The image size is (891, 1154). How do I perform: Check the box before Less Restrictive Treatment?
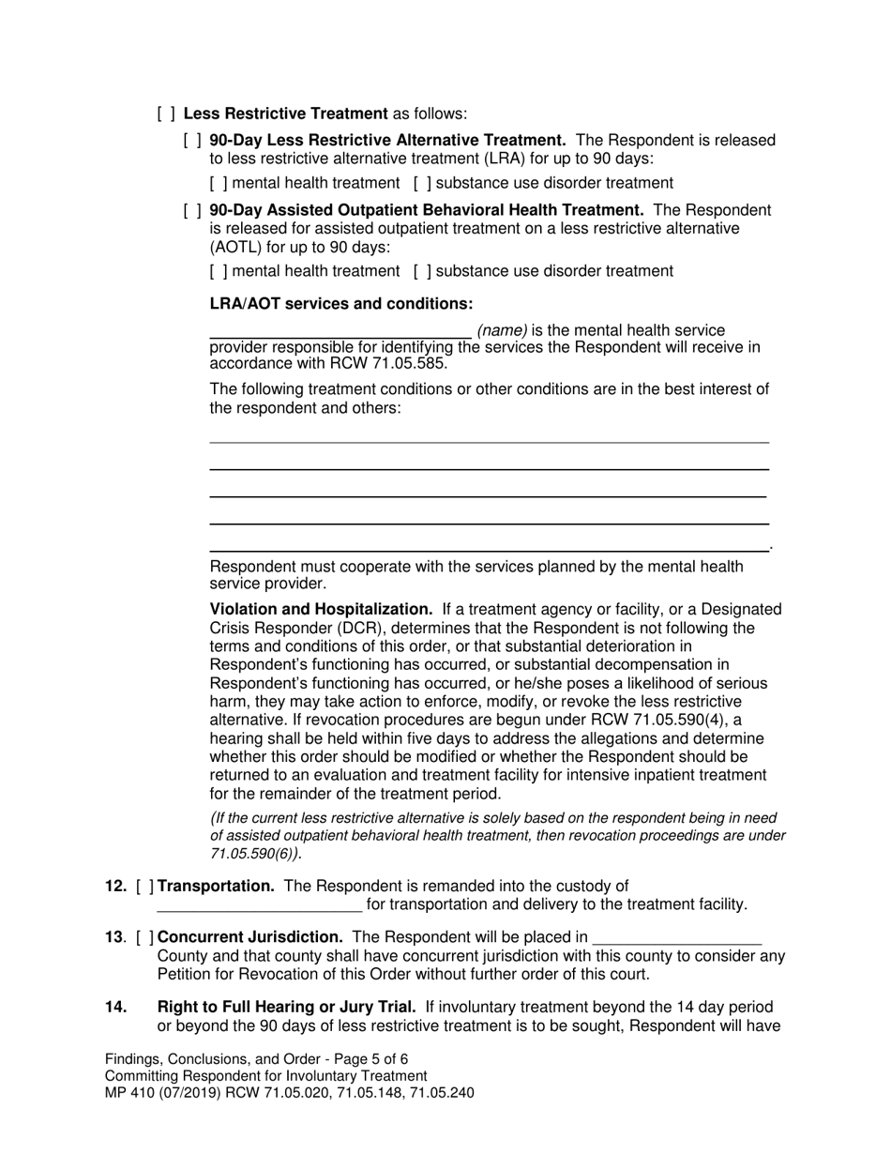pos(165,114)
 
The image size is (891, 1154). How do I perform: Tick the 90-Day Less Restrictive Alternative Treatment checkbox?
pos(191,140)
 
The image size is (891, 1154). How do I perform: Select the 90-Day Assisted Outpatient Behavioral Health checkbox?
pos(191,210)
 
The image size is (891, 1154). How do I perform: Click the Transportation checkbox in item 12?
pos(145,886)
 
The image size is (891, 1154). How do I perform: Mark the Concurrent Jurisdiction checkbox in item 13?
pos(145,937)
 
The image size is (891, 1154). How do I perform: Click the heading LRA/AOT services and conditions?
pos(340,304)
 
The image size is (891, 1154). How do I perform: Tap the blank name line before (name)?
pos(339,330)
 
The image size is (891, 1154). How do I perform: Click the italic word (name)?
pos(503,330)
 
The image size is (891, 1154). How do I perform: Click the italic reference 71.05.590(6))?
pos(256,854)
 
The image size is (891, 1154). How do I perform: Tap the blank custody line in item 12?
pos(259,904)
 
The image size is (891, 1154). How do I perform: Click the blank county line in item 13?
pos(677,937)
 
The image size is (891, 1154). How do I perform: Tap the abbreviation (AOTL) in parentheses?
pos(236,247)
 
